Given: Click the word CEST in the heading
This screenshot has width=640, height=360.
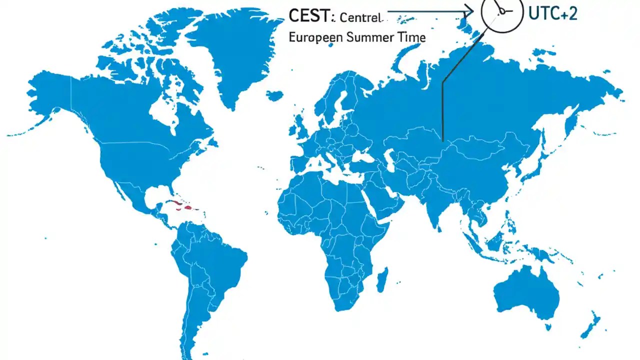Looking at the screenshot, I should click(309, 16).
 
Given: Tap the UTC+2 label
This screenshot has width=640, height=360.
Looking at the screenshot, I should click(552, 13).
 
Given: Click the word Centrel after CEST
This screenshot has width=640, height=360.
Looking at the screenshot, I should click(360, 18).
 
